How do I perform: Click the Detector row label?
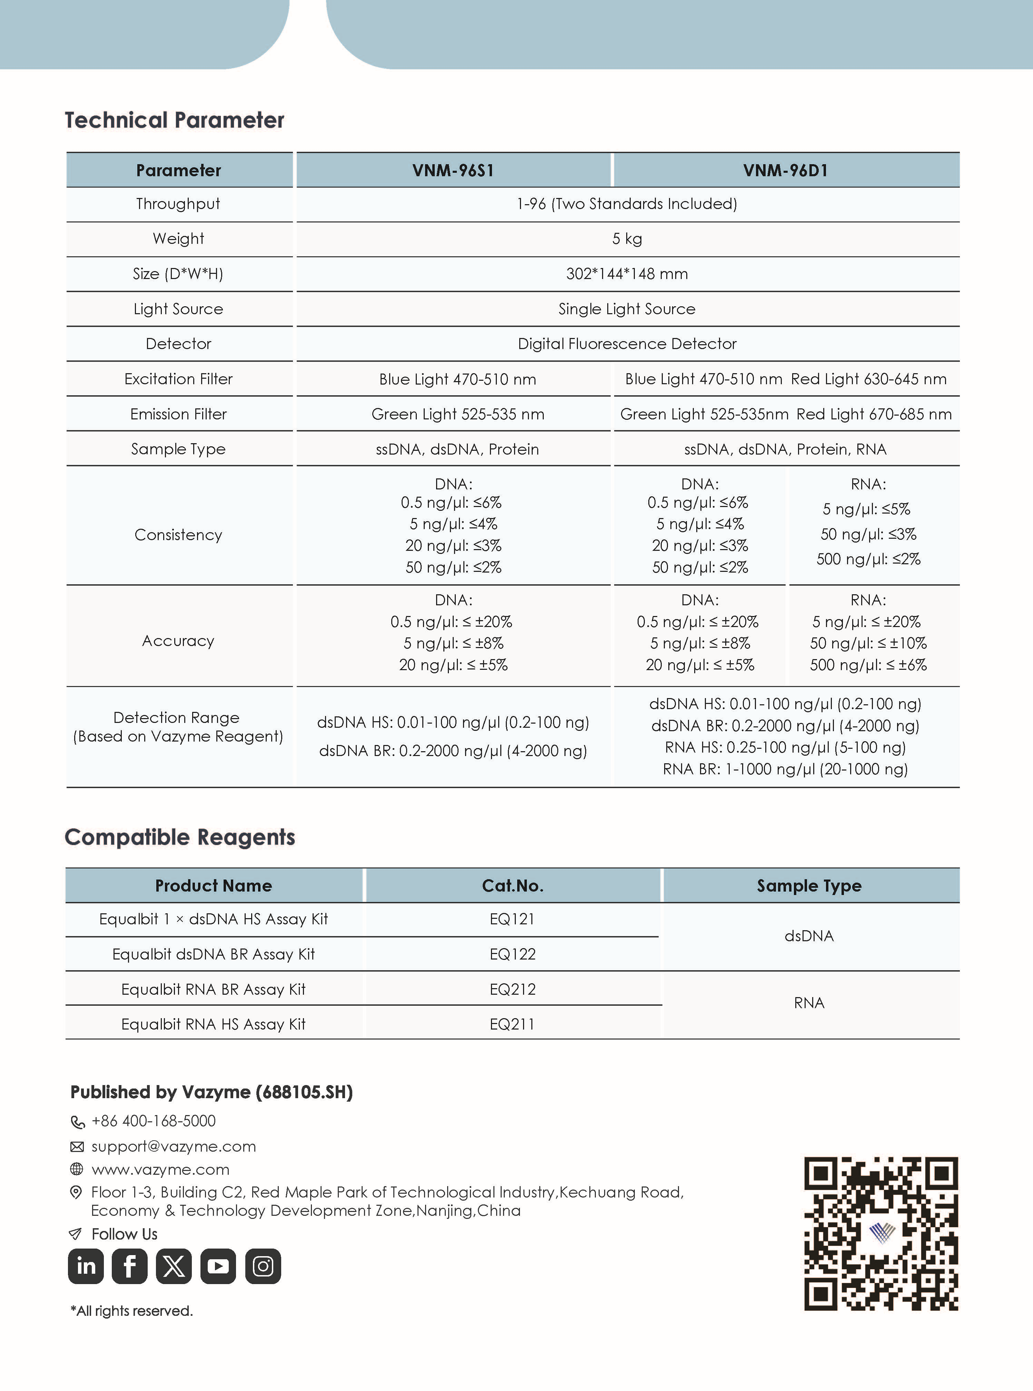pyautogui.click(x=178, y=344)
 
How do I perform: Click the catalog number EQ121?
pyautogui.click(x=512, y=919)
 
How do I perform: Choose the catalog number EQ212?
pyautogui.click(x=512, y=989)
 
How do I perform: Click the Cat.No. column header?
pyautogui.click(x=512, y=885)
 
